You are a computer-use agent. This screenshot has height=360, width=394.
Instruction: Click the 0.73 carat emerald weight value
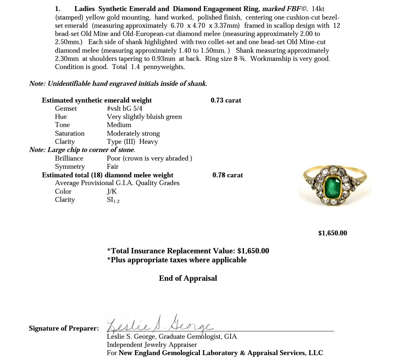tap(226, 100)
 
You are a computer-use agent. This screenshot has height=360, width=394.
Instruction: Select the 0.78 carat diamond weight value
tap(227, 175)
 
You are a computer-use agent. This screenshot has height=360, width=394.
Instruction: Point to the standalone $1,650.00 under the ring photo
tap(332, 233)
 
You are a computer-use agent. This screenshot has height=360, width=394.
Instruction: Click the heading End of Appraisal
tap(188, 278)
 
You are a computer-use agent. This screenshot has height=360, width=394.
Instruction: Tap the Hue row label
tap(61, 117)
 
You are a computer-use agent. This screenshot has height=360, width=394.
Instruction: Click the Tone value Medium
tap(119, 125)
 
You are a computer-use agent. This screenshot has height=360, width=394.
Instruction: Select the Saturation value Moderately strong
tap(133, 134)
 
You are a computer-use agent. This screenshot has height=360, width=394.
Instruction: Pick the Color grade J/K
tap(112, 192)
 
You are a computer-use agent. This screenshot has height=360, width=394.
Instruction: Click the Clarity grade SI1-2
tap(113, 200)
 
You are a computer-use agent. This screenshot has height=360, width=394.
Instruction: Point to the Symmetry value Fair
tap(112, 167)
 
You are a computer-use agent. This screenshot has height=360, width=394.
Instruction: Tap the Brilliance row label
tap(69, 159)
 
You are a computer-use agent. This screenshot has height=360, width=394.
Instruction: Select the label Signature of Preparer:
tap(64, 328)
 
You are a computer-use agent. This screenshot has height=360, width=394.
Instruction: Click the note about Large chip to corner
tap(82, 150)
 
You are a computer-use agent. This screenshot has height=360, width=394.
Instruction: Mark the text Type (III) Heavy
tap(132, 142)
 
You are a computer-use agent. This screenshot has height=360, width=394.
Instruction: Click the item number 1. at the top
tap(58, 9)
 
